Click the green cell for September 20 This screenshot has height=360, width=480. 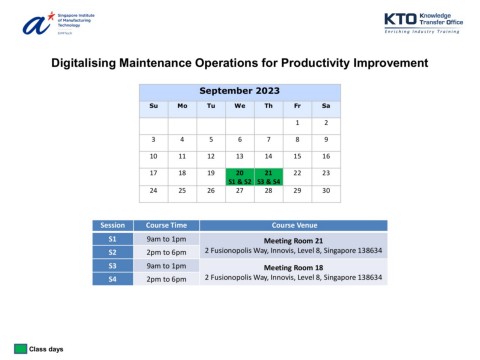(x=240, y=176)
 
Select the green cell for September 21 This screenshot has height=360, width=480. (x=268, y=176)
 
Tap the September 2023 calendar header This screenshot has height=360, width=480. (x=240, y=90)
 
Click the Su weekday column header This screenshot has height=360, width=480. (x=153, y=105)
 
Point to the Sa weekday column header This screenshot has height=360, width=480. (x=326, y=105)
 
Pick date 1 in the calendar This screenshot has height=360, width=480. (x=297, y=122)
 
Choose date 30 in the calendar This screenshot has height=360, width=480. (x=326, y=190)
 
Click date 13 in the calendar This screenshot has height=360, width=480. (x=240, y=156)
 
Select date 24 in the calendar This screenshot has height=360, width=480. (x=153, y=190)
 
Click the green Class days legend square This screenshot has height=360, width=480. (x=20, y=348)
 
